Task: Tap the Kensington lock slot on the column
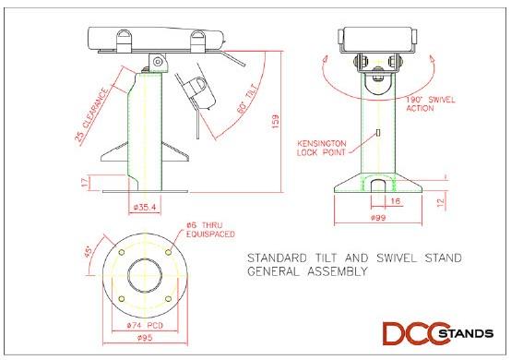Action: tap(380, 136)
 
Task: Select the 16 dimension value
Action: tap(396, 198)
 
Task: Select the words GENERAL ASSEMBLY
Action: tap(306, 271)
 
